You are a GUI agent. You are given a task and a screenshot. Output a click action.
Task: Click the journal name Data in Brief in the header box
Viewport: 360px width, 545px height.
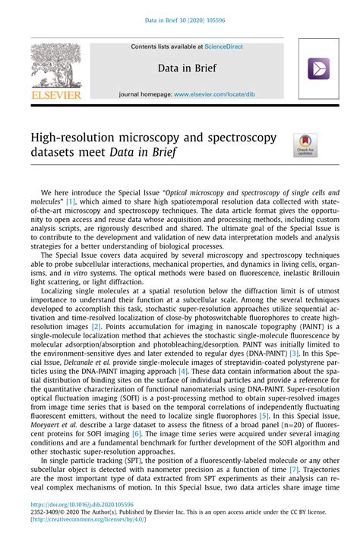pos(187,68)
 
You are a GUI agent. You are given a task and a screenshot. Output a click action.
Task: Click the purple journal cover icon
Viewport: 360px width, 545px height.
pos(318,69)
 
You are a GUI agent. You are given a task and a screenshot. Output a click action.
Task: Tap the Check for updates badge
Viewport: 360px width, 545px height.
pos(306,145)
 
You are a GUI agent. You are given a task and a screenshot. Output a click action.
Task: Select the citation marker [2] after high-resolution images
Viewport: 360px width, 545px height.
pos(96,325)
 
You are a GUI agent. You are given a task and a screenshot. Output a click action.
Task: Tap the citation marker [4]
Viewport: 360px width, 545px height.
pos(183,371)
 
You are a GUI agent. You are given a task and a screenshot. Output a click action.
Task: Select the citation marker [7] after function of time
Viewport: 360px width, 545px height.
pos(293,470)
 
